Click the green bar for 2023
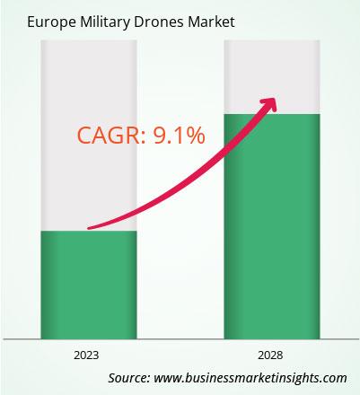(89, 285)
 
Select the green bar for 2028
(272, 226)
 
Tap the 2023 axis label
(86, 355)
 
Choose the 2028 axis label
(270, 355)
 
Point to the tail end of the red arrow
(89, 228)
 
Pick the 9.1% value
(180, 136)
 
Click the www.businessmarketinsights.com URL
(250, 378)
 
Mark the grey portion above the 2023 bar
(89, 136)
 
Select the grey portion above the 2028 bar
(272, 77)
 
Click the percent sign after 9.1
(196, 136)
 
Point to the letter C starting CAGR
(84, 136)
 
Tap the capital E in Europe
(31, 22)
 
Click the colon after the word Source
(148, 379)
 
